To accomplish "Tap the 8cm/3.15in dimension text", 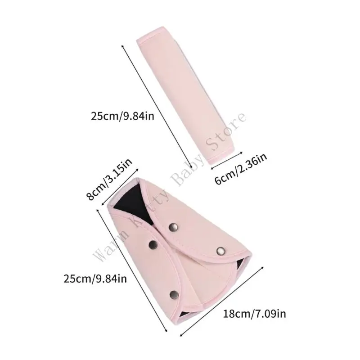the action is (109, 179).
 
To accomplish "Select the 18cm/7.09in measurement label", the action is (255, 314).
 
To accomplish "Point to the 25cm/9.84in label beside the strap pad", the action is (122, 116).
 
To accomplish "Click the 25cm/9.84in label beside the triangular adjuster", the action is (95, 279).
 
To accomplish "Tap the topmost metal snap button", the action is (173, 227).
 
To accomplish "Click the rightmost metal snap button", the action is (221, 251).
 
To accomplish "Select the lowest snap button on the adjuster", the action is (174, 295).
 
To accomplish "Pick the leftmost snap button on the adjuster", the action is (153, 245).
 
